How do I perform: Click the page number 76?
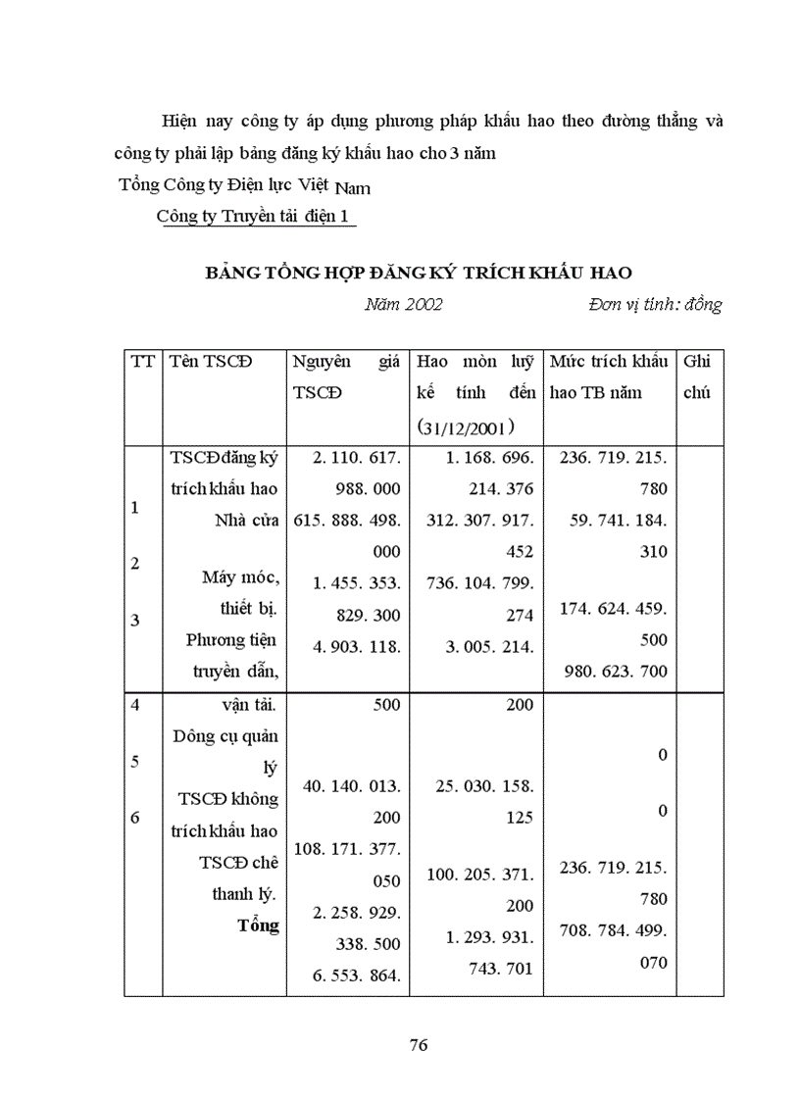419,1045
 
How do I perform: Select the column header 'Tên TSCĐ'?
211,362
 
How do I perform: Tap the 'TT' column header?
141,362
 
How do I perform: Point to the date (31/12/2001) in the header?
465,425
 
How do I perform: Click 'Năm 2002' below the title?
403,305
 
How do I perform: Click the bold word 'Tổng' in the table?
258,926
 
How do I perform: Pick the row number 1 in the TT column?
135,508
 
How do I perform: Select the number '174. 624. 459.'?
613,608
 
